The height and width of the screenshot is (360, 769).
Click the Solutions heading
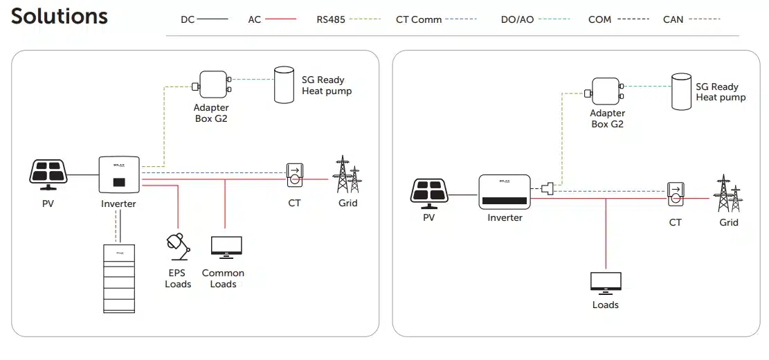point(60,17)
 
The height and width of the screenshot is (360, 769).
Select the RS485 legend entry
point(348,19)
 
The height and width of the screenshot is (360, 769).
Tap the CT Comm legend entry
point(436,19)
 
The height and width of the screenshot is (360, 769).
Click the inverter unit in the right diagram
point(504,192)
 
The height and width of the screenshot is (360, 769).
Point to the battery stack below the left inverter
point(119,278)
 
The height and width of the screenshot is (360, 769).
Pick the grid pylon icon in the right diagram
point(727,193)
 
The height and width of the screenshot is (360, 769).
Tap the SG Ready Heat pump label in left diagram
point(327,86)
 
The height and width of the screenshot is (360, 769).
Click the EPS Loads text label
point(178,278)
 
